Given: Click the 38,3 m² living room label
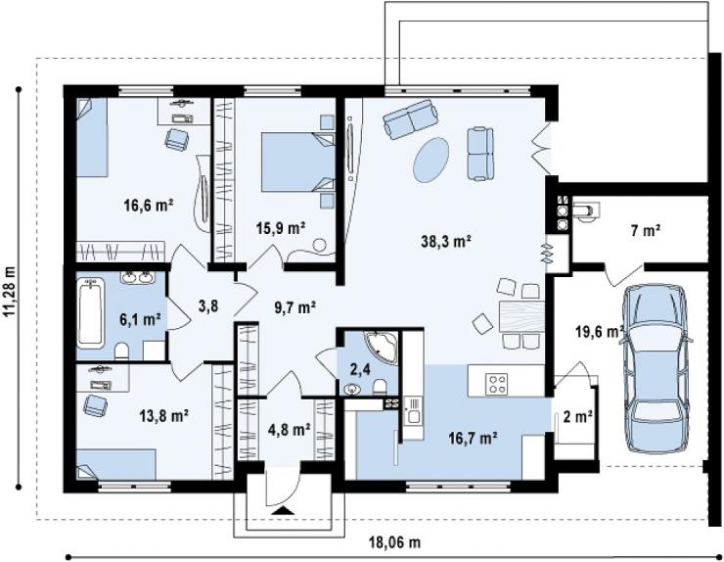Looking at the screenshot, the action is coord(445,241).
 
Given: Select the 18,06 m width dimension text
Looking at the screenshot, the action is coord(395,542).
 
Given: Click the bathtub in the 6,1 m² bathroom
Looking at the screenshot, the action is coord(90,312).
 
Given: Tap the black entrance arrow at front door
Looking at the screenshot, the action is coord(283,510).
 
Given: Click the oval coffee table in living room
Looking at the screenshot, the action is coord(430,160).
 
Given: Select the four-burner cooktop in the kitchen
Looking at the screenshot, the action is coord(496,384).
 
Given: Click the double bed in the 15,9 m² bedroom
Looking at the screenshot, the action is coord(298,162).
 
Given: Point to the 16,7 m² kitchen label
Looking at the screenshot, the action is coord(473,437).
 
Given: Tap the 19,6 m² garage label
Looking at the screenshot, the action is coord(600,331).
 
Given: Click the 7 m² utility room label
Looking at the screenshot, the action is coord(646,230).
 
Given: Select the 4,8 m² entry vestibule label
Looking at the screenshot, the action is coord(289,430).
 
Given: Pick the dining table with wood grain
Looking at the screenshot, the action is coord(521,315).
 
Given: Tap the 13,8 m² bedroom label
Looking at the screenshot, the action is coord(164,415).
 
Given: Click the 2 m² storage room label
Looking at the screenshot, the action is coord(578,417).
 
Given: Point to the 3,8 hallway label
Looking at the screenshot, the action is coord(207,305).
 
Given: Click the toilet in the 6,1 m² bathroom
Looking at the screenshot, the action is coord(122,351).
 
